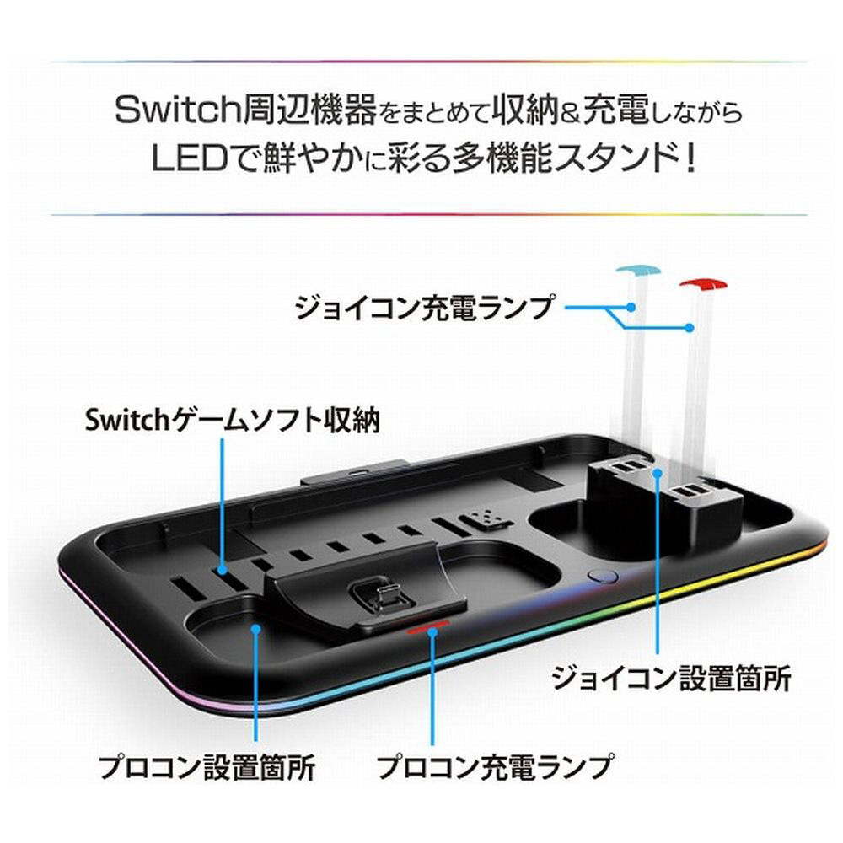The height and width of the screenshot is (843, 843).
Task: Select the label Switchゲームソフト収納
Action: pyautogui.click(x=233, y=420)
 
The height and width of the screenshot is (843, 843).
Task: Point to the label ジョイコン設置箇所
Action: pyautogui.click(x=672, y=679)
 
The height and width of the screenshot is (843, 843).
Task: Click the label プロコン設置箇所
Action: pyautogui.click(x=207, y=767)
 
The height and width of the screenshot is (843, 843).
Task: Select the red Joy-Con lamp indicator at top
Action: pyautogui.click(x=703, y=285)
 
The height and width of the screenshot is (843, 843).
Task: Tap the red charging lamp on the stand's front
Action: pyautogui.click(x=428, y=626)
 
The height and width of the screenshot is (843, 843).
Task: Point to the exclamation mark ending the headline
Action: pyautogui.click(x=691, y=158)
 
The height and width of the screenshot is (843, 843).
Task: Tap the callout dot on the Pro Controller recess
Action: pyautogui.click(x=256, y=628)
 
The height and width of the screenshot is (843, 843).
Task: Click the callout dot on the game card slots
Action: pyautogui.click(x=222, y=570)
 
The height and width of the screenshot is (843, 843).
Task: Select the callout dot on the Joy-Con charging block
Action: pyautogui.click(x=657, y=472)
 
